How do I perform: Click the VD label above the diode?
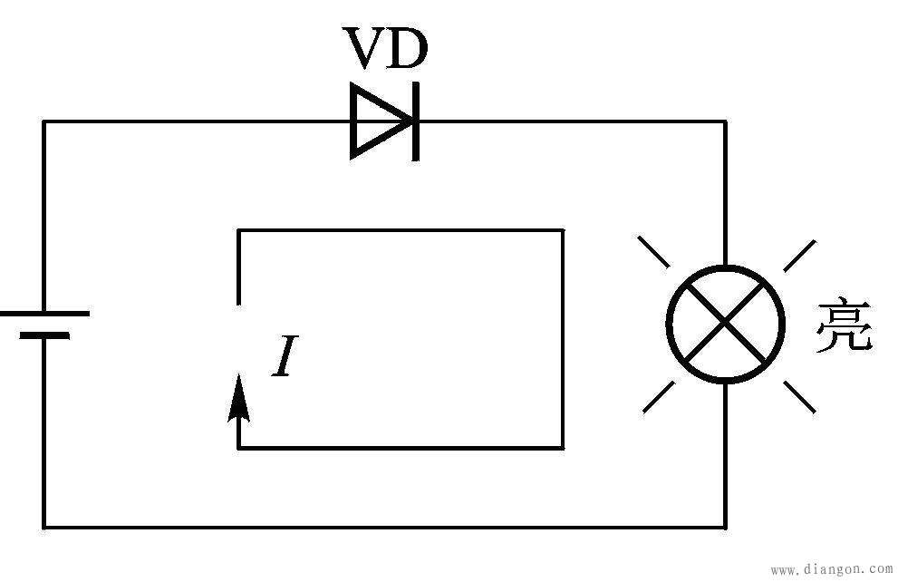pos(384,49)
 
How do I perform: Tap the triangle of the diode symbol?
pos(376,121)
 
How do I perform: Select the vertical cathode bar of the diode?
pos(416,121)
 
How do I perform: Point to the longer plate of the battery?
pos(44,313)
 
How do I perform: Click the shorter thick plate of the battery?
pos(44,335)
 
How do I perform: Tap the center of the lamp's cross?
pos(725,324)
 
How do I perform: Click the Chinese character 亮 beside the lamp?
pos(843,325)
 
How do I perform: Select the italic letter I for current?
pos(284,356)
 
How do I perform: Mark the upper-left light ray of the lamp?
pos(654,252)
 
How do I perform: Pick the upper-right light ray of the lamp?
pos(798,256)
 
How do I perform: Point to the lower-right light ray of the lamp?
pos(797,396)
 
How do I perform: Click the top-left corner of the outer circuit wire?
pos(44,121)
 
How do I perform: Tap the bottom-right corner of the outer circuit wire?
pos(725,526)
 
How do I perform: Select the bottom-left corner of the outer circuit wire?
pos(44,526)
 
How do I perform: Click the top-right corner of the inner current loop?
pos(563,230)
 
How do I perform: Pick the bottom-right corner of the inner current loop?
pos(563,448)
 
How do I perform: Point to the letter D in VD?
pos(405,49)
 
